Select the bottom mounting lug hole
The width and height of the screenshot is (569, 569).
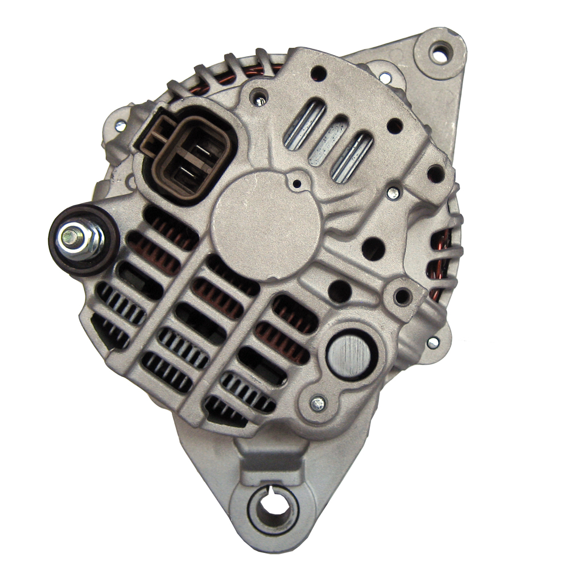pyautogui.click(x=272, y=508)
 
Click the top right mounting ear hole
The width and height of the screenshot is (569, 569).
pyautogui.click(x=440, y=55)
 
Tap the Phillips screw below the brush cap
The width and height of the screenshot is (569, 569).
pyautogui.click(x=318, y=403)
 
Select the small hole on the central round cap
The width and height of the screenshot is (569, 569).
pyautogui.click(x=296, y=184)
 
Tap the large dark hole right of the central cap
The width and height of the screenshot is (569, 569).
pyautogui.click(x=373, y=248)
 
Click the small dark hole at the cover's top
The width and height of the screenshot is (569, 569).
pyautogui.click(x=319, y=73)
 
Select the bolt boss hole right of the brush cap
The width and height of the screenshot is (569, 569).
pyautogui.click(x=403, y=296)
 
